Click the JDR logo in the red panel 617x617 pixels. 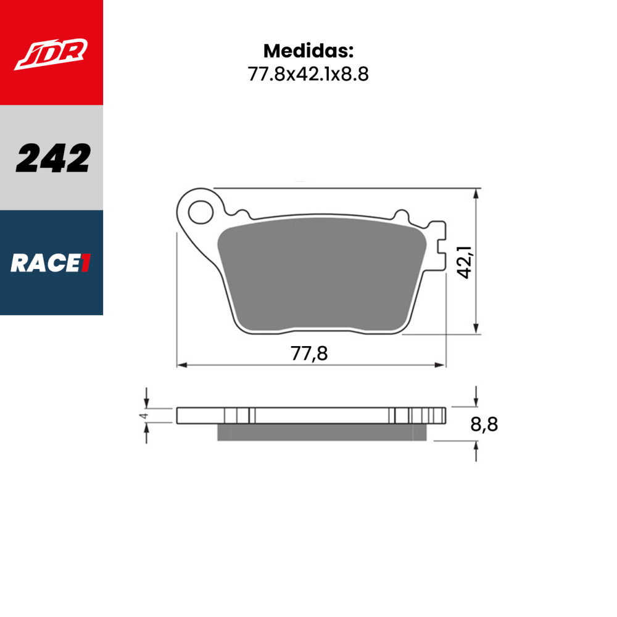(51, 54)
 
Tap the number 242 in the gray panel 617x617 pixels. (53, 159)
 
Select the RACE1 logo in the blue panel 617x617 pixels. (51, 263)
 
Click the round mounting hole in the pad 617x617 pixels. (199, 213)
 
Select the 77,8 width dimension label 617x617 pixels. (308, 354)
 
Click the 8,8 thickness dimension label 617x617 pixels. (483, 424)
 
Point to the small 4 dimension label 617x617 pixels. (144, 416)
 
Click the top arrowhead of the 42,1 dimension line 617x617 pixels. (476, 193)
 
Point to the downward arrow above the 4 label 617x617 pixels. (146, 402)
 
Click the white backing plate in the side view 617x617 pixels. (308, 415)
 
